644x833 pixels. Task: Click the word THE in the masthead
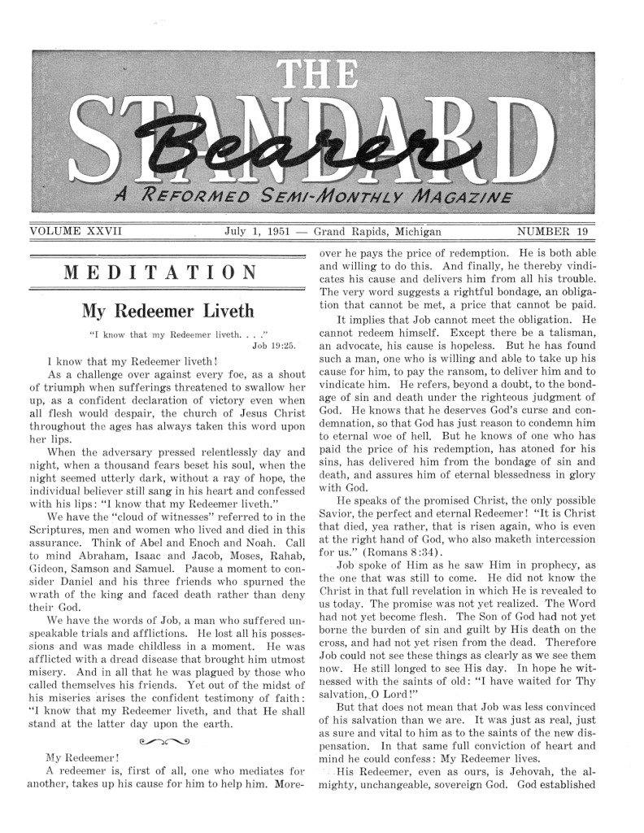(x=323, y=79)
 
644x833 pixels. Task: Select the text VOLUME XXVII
(x=76, y=232)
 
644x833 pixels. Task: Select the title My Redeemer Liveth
(x=168, y=311)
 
